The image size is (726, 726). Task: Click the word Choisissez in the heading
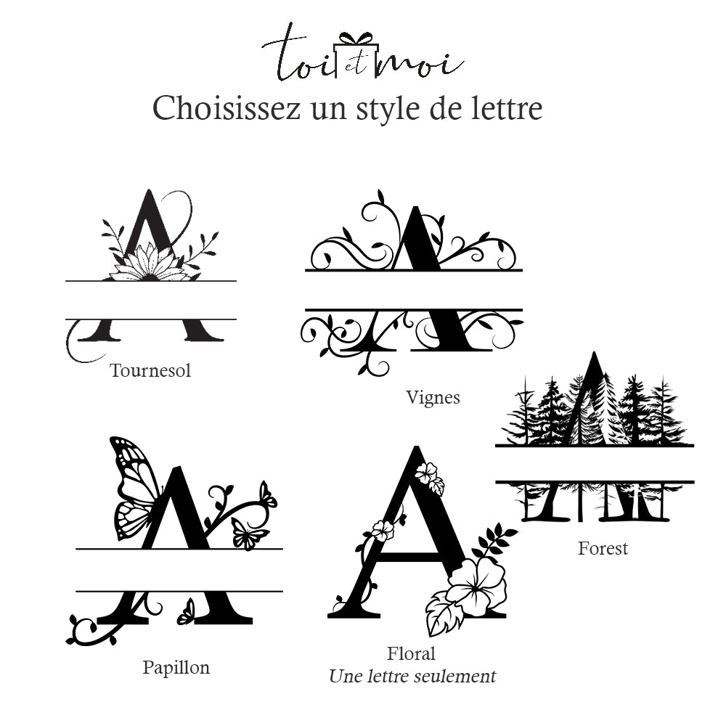point(227,110)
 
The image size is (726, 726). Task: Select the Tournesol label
point(150,370)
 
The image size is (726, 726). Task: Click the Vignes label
point(433,398)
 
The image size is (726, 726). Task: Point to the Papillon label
point(176,668)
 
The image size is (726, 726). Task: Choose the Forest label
point(603,548)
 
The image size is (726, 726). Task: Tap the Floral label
point(411,653)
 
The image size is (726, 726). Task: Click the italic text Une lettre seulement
point(412,677)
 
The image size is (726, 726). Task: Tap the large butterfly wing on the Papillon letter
point(134,486)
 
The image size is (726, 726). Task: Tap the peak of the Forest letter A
point(594,354)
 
